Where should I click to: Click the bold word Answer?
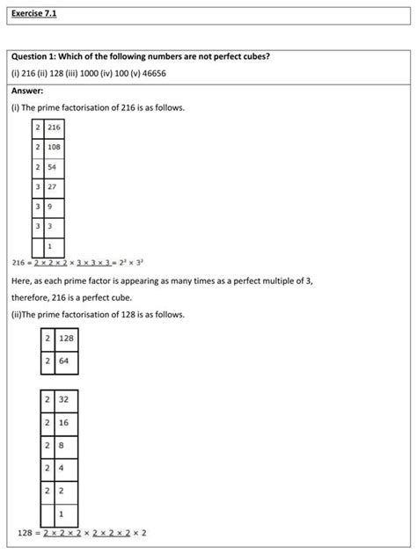click(x=27, y=91)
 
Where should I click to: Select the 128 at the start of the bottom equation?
click(x=26, y=533)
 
